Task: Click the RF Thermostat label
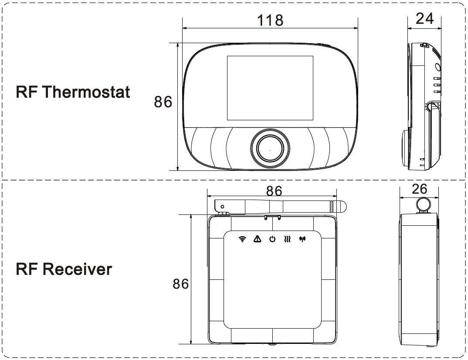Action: (73, 92)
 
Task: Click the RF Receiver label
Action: (64, 269)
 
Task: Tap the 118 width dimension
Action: (270, 20)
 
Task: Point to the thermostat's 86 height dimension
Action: (163, 102)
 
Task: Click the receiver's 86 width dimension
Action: (274, 191)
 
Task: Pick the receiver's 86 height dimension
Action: (180, 284)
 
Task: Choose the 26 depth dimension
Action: (419, 189)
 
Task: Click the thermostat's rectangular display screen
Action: (270, 88)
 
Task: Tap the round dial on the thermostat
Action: (270, 149)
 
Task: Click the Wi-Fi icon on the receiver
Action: (243, 239)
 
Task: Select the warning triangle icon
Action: (258, 238)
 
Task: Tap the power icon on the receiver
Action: (272, 239)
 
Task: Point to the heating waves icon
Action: (287, 239)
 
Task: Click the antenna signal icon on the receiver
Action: (301, 239)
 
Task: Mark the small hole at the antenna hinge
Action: (223, 206)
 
